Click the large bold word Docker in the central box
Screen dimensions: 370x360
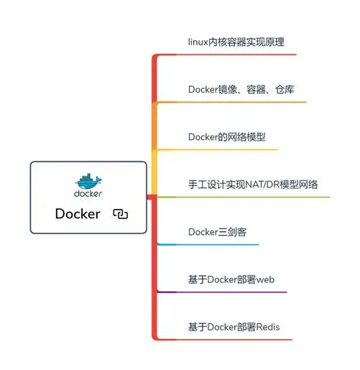coord(78,213)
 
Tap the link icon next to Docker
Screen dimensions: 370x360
coord(120,214)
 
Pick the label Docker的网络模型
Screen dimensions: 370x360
coord(227,137)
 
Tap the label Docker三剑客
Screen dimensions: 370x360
coord(218,231)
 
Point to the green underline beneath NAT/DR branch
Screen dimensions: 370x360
coord(244,197)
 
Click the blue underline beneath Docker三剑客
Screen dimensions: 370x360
coord(208,244)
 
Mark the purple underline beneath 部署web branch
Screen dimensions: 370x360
coord(223,292)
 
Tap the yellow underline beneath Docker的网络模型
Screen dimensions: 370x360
coord(216,149)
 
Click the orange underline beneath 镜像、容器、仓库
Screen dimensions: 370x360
coord(230,101)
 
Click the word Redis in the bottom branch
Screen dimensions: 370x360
coord(267,327)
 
